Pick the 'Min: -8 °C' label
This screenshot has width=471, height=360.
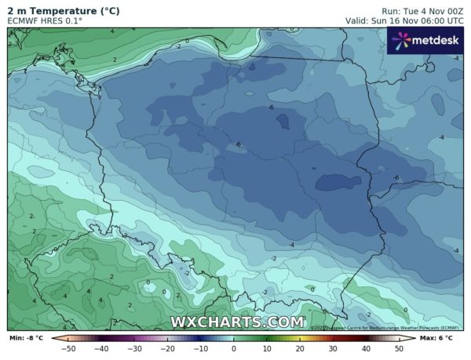(x=26, y=337)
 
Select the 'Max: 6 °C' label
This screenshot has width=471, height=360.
(x=444, y=337)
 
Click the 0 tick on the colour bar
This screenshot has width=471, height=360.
(x=234, y=347)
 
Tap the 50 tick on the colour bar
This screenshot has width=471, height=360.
(x=399, y=347)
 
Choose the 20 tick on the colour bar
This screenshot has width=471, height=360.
(x=300, y=347)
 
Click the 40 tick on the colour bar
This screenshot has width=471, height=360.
(x=366, y=347)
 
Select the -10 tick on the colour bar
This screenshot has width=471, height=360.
(x=200, y=347)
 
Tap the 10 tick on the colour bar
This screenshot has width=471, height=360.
(x=267, y=347)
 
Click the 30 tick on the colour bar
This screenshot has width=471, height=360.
(x=333, y=347)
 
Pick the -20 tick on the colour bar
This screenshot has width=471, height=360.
(x=167, y=347)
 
